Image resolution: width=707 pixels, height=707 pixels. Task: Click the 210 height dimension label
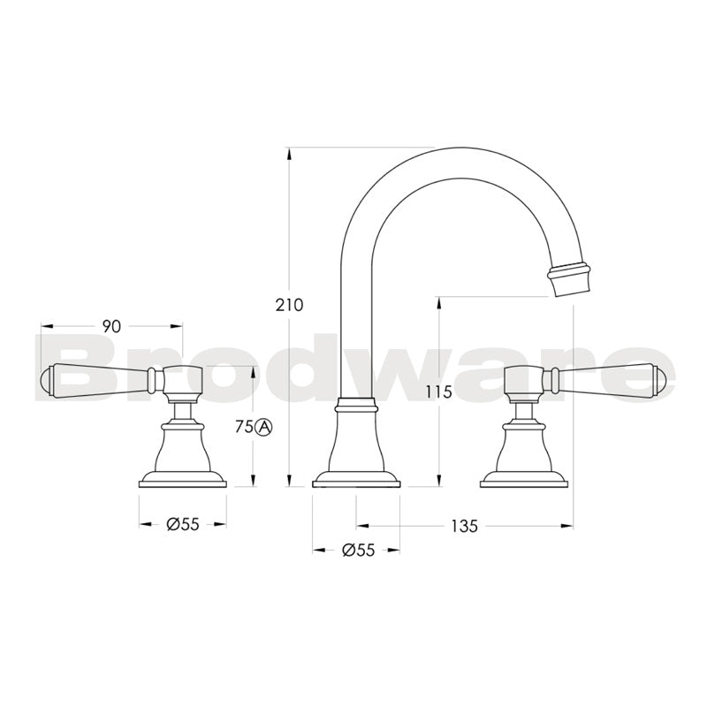289,305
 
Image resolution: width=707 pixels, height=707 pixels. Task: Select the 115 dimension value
437,392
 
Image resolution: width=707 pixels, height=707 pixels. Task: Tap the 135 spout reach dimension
464,526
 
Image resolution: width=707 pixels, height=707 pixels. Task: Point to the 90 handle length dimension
110,326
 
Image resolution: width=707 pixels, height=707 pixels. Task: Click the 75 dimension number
244,427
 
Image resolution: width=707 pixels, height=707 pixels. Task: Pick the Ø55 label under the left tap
183,524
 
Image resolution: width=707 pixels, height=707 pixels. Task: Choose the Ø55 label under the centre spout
357,550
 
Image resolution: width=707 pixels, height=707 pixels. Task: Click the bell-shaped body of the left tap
183,446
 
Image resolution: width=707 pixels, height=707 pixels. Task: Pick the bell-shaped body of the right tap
523,446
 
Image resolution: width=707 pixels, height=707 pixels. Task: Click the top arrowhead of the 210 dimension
289,153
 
